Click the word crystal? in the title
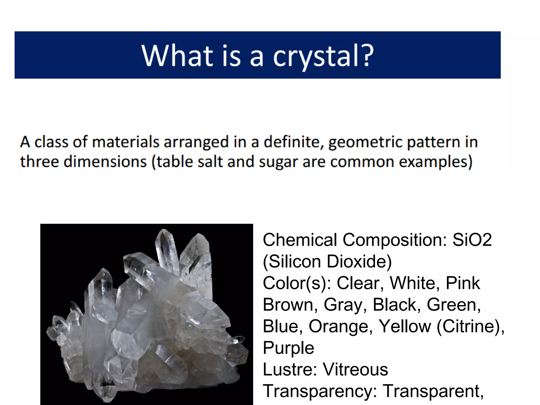click(x=323, y=56)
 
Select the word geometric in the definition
click(x=365, y=142)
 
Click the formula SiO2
click(x=472, y=240)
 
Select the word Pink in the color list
click(x=463, y=283)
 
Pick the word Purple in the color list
click(x=288, y=348)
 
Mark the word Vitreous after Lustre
click(x=355, y=369)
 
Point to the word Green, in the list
click(x=454, y=305)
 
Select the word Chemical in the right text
click(x=300, y=240)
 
